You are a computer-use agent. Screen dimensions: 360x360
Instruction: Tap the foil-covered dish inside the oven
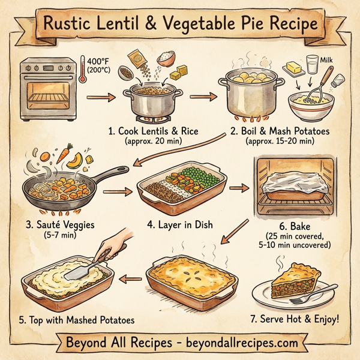(293, 184)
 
